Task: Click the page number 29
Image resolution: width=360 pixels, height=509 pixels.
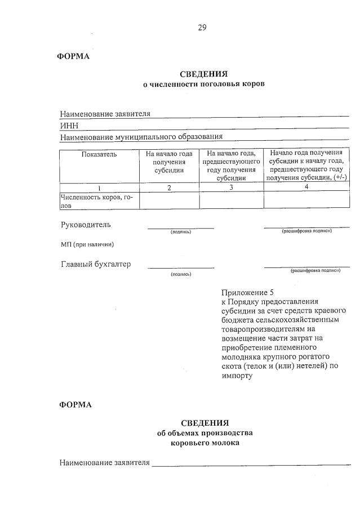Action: click(202, 29)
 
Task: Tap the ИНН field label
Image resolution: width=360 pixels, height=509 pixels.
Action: click(69, 125)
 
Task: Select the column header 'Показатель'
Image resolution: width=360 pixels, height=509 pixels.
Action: click(99, 154)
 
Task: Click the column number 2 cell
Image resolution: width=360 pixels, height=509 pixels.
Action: click(169, 187)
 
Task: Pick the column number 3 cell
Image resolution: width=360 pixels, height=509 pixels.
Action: click(231, 187)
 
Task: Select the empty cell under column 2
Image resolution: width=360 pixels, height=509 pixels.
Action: click(169, 200)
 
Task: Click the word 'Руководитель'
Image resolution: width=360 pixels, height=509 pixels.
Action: click(86, 225)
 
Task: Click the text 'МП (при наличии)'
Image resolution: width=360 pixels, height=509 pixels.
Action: click(87, 244)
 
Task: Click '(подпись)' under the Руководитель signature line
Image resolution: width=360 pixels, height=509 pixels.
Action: click(181, 232)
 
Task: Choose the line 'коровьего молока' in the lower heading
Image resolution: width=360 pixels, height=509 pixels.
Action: click(205, 443)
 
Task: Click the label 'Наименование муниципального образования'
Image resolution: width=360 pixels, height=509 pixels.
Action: click(141, 136)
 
